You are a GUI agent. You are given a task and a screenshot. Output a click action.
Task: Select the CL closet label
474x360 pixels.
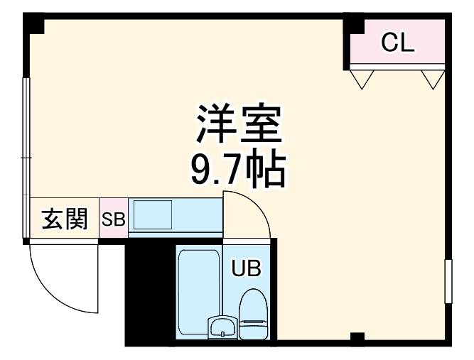pyautogui.click(x=397, y=43)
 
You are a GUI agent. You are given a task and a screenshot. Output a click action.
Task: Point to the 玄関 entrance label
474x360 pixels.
pyautogui.click(x=63, y=219)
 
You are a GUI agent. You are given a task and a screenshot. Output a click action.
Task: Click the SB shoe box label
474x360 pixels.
pyautogui.click(x=112, y=220)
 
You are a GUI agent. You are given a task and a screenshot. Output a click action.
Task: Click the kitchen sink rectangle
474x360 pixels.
pyautogui.click(x=153, y=214)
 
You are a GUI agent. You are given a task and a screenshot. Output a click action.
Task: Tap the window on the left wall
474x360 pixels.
pyautogui.click(x=26, y=135)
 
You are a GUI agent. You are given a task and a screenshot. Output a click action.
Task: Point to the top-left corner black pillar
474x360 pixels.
pyautogui.click(x=33, y=24)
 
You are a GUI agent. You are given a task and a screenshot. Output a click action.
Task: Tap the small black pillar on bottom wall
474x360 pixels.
pyautogui.click(x=357, y=337)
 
